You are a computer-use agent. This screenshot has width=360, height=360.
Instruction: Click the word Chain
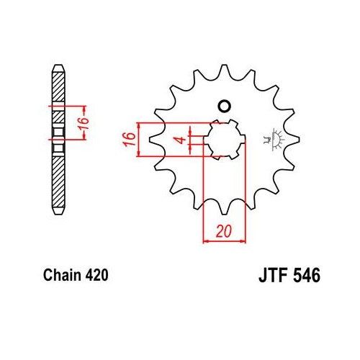click(60, 274)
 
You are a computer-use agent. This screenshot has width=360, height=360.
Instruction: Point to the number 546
click(305, 274)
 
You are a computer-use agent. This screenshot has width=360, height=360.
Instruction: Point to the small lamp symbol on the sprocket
click(274, 138)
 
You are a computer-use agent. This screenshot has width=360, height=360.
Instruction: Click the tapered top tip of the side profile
click(58, 71)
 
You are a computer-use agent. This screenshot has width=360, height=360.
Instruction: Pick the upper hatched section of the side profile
click(58, 90)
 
